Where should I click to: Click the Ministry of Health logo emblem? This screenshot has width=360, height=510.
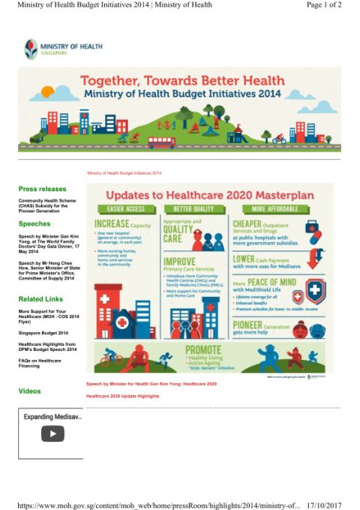[x=31, y=49]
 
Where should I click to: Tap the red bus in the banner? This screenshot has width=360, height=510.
[x=160, y=141]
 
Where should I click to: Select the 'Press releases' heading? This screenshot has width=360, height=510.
[x=42, y=189]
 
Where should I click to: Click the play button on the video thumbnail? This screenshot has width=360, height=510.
[x=52, y=433]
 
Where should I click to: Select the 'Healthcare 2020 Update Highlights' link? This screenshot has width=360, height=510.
[x=122, y=396]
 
